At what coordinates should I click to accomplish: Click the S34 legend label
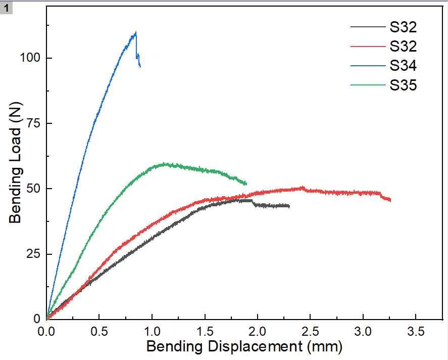coord(403,66)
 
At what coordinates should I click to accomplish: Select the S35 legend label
coord(403,85)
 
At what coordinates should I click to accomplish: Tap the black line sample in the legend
coord(367,26)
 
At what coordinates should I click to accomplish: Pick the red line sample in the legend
coord(367,46)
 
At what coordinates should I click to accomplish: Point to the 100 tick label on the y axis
coord(29,58)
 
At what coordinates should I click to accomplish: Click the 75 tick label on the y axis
coord(32,123)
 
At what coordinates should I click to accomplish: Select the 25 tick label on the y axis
coord(32,254)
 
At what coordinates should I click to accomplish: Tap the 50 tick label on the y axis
coord(32,189)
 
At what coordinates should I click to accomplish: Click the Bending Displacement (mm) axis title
coord(244,347)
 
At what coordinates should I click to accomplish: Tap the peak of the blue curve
coord(136,33)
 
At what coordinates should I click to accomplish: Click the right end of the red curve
coord(390,201)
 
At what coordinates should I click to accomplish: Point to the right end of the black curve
coord(289,206)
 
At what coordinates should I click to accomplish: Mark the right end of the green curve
coord(246,184)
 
